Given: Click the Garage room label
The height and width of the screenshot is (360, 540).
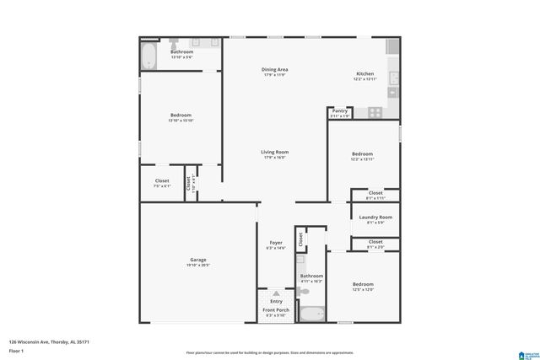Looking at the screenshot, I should tap(198, 260).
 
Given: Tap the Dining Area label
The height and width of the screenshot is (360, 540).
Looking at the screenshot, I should tap(275, 69).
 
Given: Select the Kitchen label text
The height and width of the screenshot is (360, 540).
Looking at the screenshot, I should tap(364, 74).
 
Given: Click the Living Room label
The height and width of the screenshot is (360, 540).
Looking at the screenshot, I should tap(275, 152).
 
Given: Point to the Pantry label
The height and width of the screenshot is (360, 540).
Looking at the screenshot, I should tap(340, 111).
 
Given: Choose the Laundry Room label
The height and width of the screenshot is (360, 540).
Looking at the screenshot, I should tap(375, 218).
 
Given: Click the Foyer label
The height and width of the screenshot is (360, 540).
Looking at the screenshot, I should tap(276, 243).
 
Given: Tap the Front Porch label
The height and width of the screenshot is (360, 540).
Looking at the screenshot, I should tap(276, 310).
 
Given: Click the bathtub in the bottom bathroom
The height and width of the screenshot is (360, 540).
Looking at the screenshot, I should tap(312, 314).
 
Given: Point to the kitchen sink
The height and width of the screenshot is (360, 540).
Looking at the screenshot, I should tap(394, 82).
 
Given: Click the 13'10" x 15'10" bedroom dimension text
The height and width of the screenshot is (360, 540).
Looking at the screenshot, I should tap(181, 121).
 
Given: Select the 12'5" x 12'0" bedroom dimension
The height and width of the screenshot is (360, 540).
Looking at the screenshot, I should tap(362, 290).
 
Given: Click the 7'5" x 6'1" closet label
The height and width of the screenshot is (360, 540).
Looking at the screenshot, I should tap(162, 186).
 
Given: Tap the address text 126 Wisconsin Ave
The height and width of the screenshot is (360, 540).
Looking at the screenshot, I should tap(49, 341).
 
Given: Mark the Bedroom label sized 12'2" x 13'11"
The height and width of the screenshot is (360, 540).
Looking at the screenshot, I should tap(362, 153).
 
